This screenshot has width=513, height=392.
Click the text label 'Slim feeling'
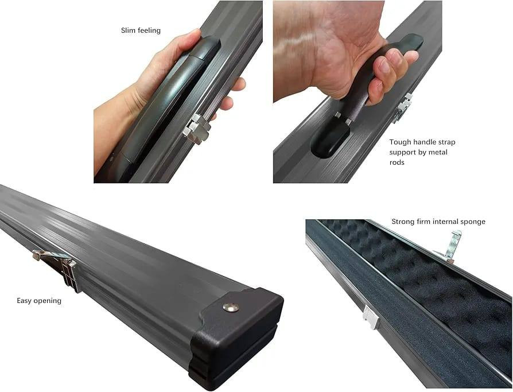click(x=141, y=30)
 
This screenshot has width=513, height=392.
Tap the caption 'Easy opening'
click(x=39, y=301)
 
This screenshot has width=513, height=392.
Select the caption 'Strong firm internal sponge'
click(x=438, y=222)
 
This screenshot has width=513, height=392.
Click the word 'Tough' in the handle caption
click(x=400, y=142)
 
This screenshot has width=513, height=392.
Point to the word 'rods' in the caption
click(x=397, y=162)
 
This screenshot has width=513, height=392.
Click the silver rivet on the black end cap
click(x=230, y=307)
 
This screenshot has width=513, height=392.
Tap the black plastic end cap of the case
click(x=236, y=337)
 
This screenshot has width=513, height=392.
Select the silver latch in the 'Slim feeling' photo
click(x=197, y=128)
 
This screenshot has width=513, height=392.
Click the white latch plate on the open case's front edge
click(x=371, y=317)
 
